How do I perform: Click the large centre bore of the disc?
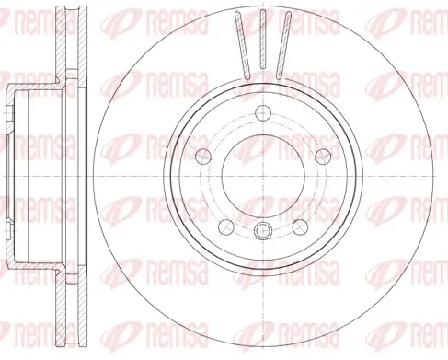tap(261, 175)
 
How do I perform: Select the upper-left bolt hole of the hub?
tap(203, 156)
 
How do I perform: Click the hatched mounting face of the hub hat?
tap(13, 175)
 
